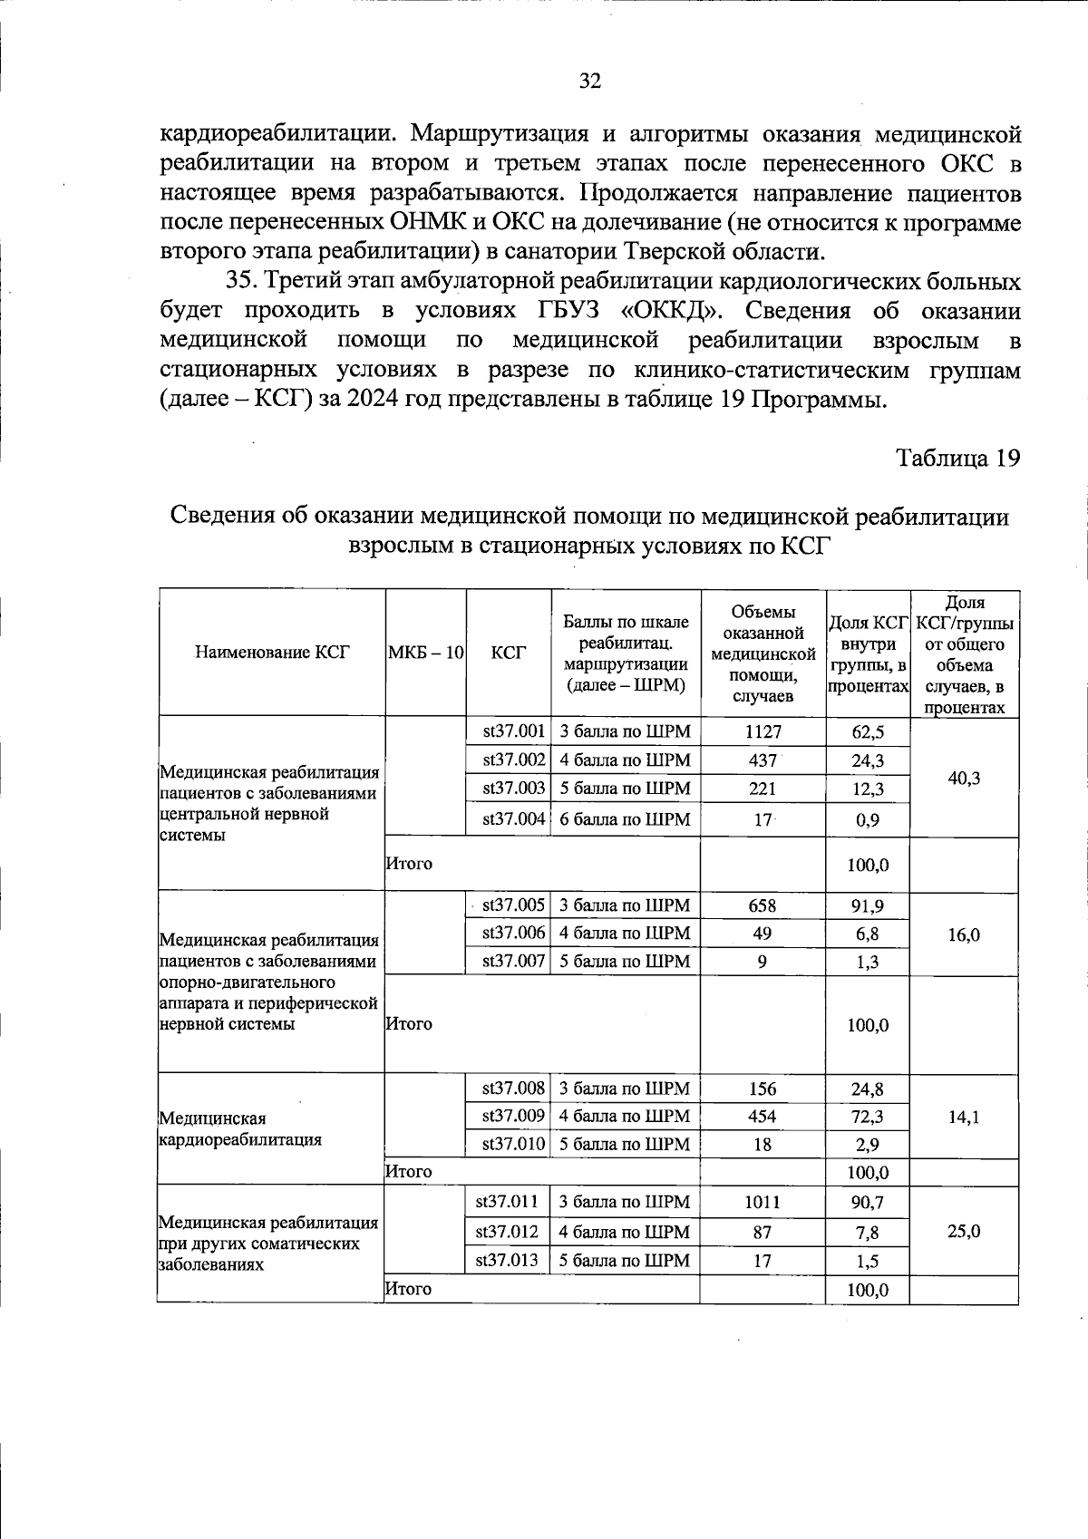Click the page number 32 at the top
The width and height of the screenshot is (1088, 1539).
pyautogui.click(x=589, y=82)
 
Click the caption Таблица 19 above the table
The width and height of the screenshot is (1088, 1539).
pyautogui.click(x=958, y=458)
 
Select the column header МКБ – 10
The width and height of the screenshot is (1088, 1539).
pyautogui.click(x=425, y=653)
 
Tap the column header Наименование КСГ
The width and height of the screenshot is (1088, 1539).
pyautogui.click(x=271, y=653)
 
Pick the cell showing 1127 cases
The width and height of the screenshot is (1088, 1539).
pyautogui.click(x=763, y=731)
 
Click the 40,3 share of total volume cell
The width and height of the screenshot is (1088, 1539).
pyautogui.click(x=964, y=778)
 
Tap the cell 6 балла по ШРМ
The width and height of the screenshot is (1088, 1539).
pyautogui.click(x=625, y=819)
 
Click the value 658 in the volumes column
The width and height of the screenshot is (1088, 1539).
pyautogui.click(x=763, y=905)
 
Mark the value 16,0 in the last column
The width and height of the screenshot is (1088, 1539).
pyautogui.click(x=964, y=934)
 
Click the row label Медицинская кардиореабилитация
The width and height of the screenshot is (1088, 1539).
pyautogui.click(x=239, y=1129)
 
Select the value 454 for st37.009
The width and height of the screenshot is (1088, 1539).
pyautogui.click(x=763, y=1117)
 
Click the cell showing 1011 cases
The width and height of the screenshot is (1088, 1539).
pyautogui.click(x=763, y=1203)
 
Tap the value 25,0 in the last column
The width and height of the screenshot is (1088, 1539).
pyautogui.click(x=964, y=1232)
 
